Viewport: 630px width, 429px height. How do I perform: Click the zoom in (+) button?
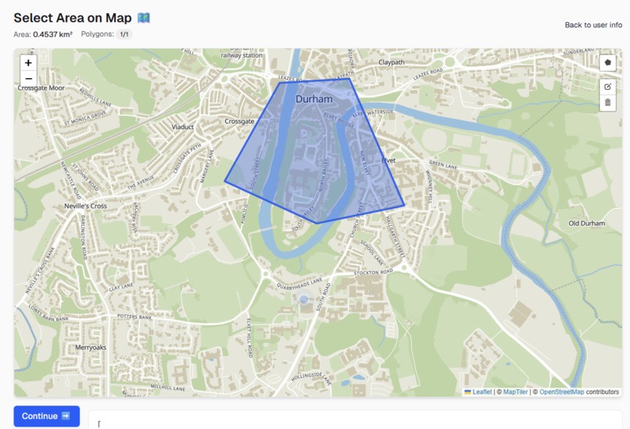point(28,63)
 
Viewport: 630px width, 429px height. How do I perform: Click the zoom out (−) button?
point(28,78)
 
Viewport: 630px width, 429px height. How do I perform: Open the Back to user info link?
point(593,25)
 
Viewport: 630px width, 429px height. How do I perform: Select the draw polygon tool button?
point(607,63)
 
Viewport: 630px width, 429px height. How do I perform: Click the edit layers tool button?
point(607,87)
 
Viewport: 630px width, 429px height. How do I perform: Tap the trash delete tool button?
point(607,102)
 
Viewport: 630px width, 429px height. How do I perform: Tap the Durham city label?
point(313,99)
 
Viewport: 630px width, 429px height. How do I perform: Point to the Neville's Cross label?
point(85,206)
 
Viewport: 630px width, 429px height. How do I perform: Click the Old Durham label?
point(586,223)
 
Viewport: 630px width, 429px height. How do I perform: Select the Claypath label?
point(392,62)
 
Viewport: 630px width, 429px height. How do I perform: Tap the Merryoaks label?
point(91,347)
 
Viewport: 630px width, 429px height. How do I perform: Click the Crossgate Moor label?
point(41,88)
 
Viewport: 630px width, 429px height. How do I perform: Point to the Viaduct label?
point(183,127)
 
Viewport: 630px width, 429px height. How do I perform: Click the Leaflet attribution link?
point(481,392)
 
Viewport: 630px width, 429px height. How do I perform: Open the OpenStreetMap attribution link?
point(561,392)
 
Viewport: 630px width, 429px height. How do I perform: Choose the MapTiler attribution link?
point(515,392)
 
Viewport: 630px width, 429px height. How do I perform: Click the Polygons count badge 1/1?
point(124,34)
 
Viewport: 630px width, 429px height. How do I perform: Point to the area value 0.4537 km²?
point(52,34)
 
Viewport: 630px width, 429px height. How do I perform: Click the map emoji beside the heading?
point(143,17)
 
